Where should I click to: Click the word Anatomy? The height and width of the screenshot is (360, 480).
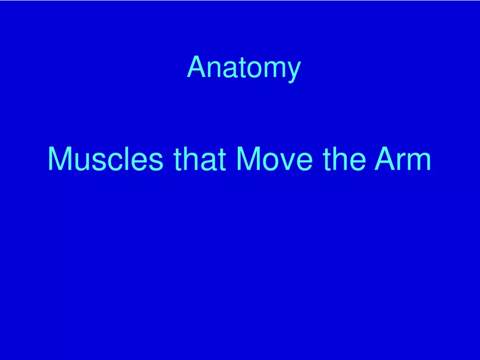pos(243,68)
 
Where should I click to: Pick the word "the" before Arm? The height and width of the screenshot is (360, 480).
pos(344,159)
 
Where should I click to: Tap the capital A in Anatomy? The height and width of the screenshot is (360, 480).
pos(196,67)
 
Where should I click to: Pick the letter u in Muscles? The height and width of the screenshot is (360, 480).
pos(83,162)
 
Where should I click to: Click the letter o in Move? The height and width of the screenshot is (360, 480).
pos(272,162)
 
